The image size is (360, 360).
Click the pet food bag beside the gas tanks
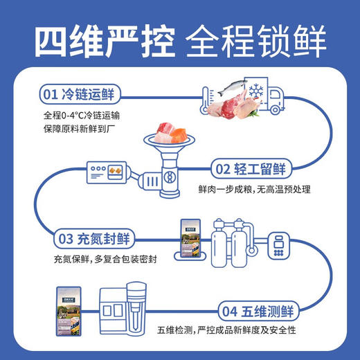[x=190, y=238]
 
